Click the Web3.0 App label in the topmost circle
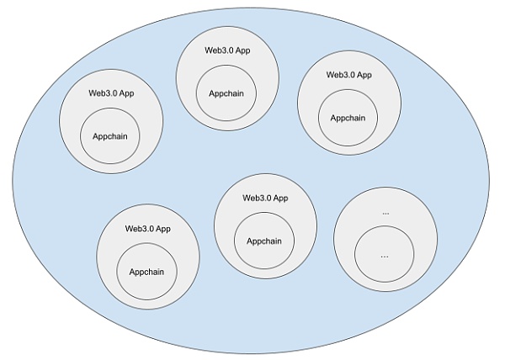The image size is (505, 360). (x=227, y=50)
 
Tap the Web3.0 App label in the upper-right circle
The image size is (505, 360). (x=349, y=74)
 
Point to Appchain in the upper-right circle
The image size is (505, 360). (x=348, y=118)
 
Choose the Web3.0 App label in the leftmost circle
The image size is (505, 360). (x=111, y=93)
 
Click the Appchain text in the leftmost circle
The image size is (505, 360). (x=111, y=136)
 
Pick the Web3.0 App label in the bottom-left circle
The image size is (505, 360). (x=148, y=228)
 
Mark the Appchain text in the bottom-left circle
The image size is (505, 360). (x=147, y=272)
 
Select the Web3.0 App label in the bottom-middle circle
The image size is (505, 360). (x=265, y=198)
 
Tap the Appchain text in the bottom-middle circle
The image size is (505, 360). (x=264, y=241)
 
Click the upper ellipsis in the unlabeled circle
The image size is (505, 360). (x=385, y=213)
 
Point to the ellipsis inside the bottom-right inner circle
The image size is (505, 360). (x=385, y=255)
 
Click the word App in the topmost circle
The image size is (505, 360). (x=242, y=50)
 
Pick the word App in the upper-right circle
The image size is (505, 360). (x=364, y=74)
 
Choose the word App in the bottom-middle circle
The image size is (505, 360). (x=280, y=198)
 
